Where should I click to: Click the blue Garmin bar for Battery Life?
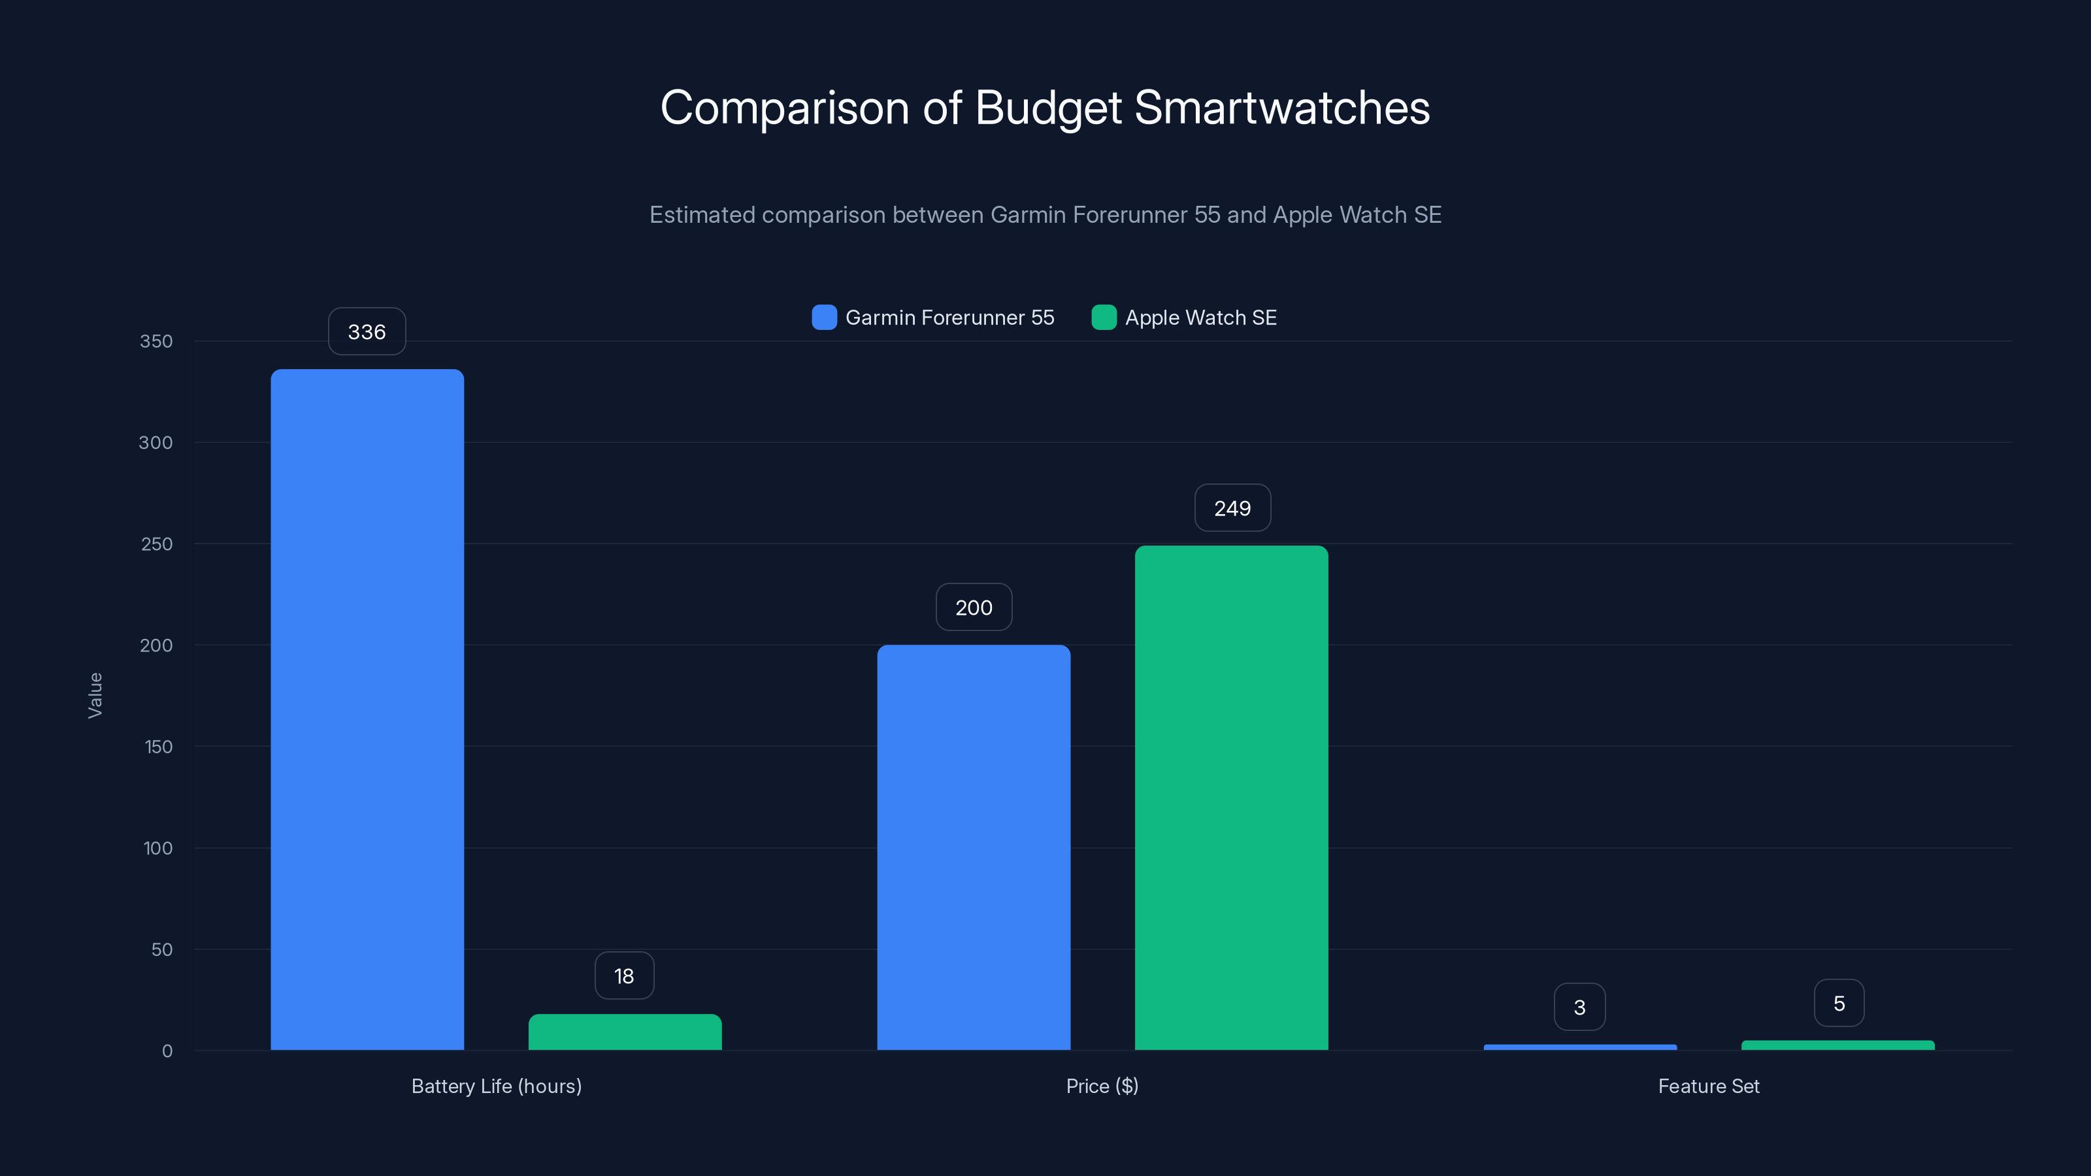367,710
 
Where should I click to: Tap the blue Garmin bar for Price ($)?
973,847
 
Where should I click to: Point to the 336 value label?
367,332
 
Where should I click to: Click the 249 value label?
1232,508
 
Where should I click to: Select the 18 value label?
623,975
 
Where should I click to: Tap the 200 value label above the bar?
973,607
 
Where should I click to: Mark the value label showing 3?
1579,1007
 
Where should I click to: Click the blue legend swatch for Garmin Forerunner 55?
824,318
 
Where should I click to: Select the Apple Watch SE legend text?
1200,318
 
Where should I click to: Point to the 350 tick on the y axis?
156,341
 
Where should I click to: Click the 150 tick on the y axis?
158,747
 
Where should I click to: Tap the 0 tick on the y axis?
167,1051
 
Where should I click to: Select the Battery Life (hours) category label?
496,1086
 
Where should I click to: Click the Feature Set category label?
1708,1086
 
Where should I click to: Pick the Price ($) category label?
1102,1086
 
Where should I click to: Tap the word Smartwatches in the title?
1281,108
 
